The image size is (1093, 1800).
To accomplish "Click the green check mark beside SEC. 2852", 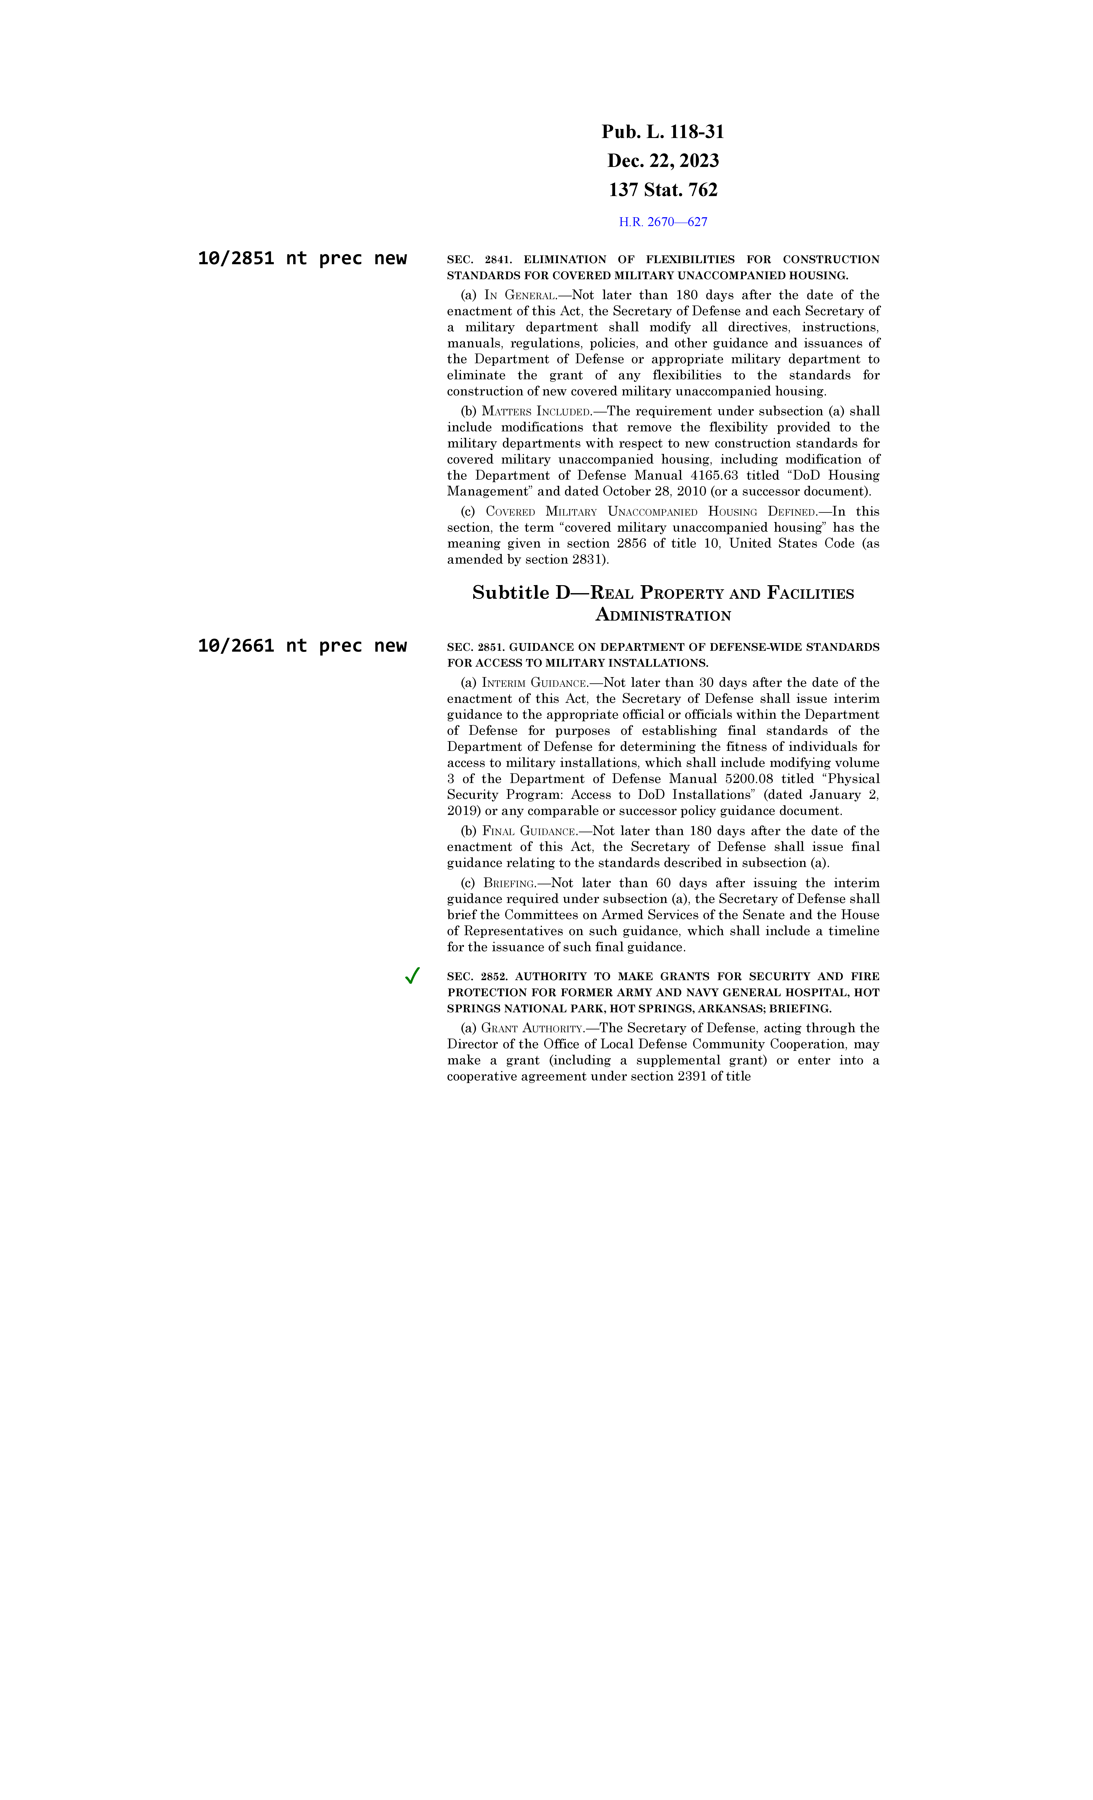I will [412, 976].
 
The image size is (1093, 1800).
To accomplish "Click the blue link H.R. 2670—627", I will [663, 222].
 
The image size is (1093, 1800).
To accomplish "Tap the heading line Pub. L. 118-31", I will [663, 132].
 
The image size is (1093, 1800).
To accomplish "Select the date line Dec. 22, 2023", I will [663, 161].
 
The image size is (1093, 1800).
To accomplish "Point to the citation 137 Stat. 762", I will [663, 190].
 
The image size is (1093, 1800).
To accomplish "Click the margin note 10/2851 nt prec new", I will [302, 259].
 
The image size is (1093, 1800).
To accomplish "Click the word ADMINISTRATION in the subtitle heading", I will [663, 616].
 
